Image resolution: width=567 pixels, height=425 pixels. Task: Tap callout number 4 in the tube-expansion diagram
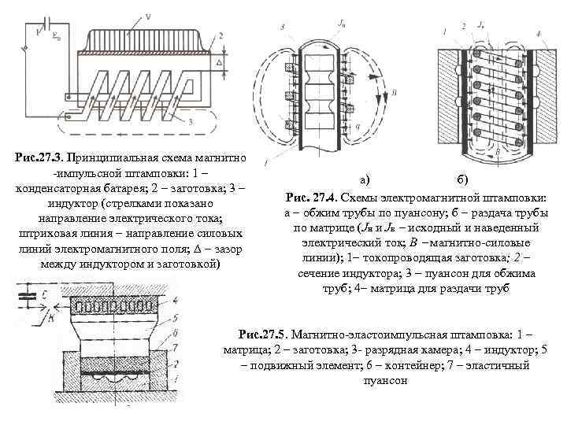pyautogui.click(x=537, y=33)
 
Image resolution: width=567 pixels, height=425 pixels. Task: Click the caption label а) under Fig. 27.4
pyautogui.click(x=365, y=180)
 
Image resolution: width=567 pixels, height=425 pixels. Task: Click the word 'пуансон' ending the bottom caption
pyautogui.click(x=384, y=380)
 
